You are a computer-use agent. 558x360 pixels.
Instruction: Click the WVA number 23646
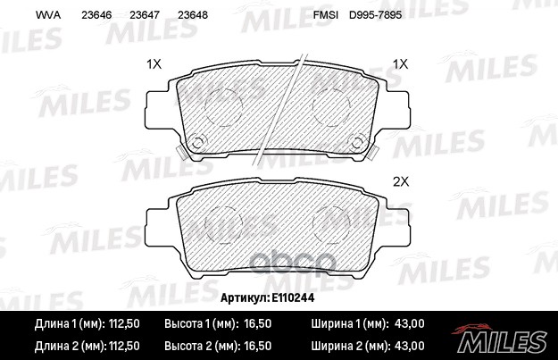coord(96,16)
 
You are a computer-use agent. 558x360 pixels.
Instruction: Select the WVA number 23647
coord(145,16)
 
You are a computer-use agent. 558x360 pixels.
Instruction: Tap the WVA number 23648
coord(194,16)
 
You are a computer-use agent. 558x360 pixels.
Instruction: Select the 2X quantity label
coord(400,180)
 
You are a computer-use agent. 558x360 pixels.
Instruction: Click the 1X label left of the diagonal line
coord(153,64)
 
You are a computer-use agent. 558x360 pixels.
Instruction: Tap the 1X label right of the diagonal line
coord(400,64)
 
